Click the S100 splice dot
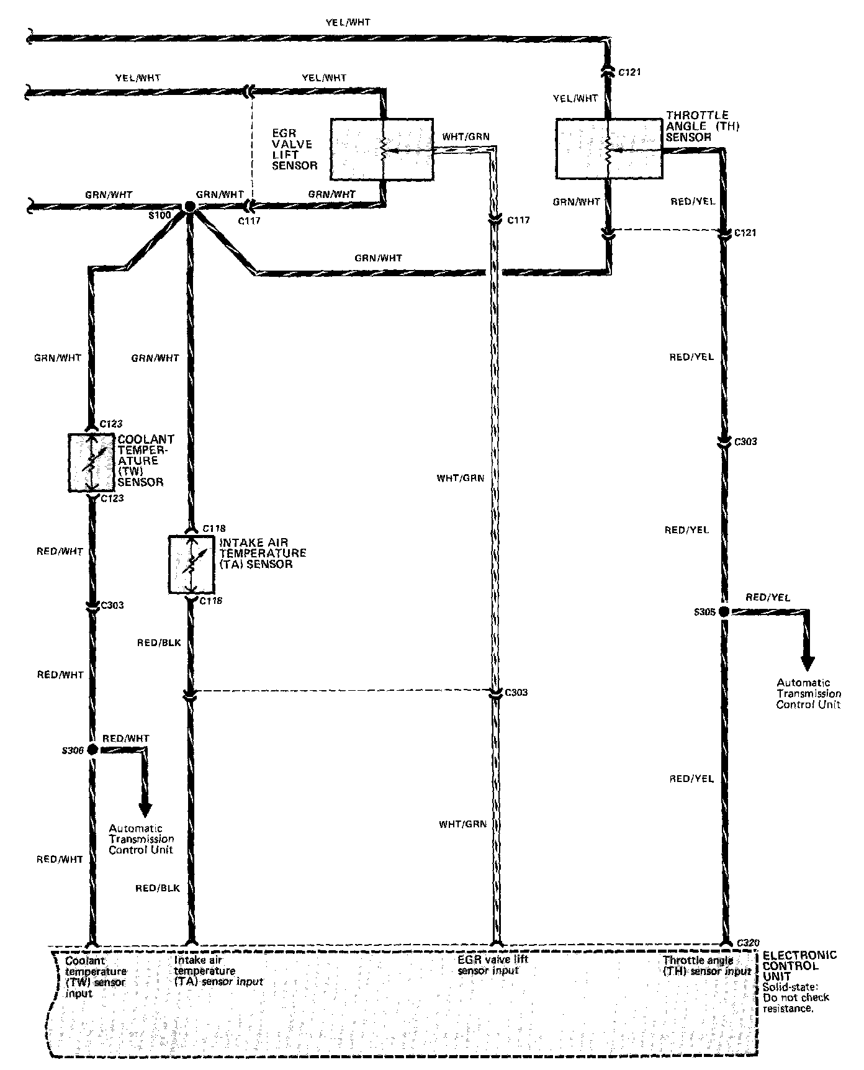[190, 207]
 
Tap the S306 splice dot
[92, 750]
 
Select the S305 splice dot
[724, 612]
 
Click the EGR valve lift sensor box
[382, 149]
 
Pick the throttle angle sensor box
[608, 149]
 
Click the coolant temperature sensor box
[92, 462]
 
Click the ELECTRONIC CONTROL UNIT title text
[799, 966]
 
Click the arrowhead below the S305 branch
[808, 663]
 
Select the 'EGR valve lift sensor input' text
[493, 964]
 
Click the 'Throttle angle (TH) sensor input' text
[707, 966]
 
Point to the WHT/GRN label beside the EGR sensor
[462, 137]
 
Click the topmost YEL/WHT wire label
[348, 23]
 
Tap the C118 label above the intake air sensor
[214, 529]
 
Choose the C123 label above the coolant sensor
[112, 425]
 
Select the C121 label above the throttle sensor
[629, 73]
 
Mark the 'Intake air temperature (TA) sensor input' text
[218, 971]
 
